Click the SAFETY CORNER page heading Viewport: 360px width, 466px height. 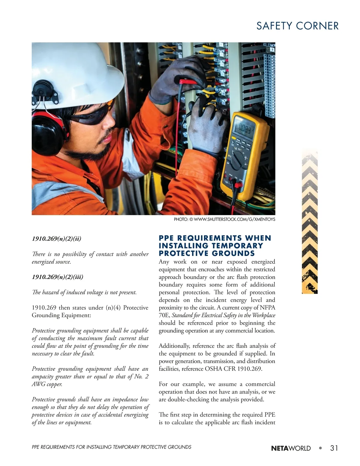click(297, 26)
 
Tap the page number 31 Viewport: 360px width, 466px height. click(334, 448)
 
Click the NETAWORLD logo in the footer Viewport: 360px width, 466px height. click(291, 449)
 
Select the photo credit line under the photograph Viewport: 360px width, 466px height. click(224, 219)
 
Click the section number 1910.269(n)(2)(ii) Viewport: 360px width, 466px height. click(56, 239)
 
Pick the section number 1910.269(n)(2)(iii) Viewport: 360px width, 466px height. click(58, 277)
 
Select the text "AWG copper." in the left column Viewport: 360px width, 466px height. click(47, 384)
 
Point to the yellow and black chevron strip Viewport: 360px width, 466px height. click(310, 222)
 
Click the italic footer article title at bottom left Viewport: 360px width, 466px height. click(111, 447)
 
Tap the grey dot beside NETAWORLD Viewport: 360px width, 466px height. click(320, 448)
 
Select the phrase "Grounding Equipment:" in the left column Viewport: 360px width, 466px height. click(61, 315)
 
